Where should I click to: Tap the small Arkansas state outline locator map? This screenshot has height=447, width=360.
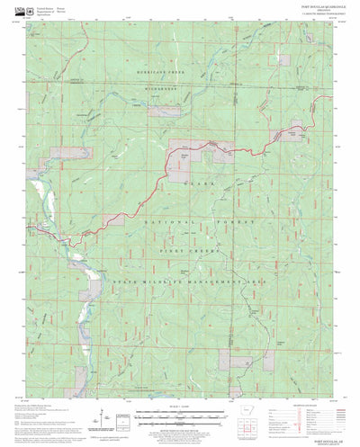(x=251, y=416)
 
